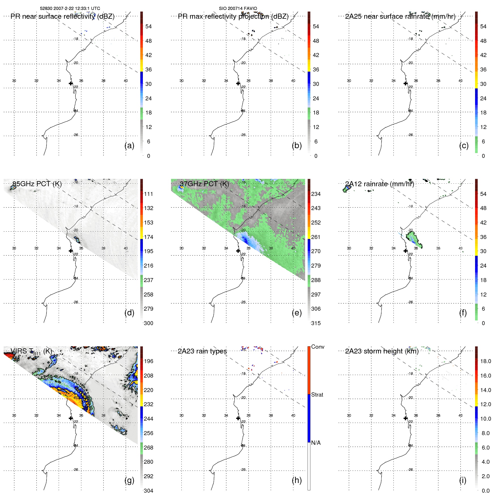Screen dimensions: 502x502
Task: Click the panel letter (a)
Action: (129, 146)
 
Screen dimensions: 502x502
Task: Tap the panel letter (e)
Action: (296, 313)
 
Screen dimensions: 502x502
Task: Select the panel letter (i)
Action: (463, 480)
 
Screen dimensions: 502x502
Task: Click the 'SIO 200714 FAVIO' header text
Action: (238, 9)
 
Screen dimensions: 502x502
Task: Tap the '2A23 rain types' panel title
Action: (202, 351)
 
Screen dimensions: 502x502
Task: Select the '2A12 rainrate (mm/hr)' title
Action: (380, 184)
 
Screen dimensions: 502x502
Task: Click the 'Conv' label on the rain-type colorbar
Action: (317, 347)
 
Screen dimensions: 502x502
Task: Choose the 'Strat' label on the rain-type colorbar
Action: (317, 395)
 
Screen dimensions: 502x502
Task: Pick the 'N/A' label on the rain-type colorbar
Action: (316, 443)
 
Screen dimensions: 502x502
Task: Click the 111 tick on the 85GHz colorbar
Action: (148, 194)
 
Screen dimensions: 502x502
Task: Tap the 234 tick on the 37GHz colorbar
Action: (316, 194)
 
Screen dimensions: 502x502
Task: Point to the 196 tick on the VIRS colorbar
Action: (148, 361)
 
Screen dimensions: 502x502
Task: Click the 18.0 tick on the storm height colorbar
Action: (485, 361)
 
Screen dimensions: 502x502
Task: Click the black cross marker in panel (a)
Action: (71, 83)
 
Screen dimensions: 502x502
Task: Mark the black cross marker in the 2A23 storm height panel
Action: (405, 418)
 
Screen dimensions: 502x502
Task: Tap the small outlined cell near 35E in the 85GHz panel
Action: (77, 240)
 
